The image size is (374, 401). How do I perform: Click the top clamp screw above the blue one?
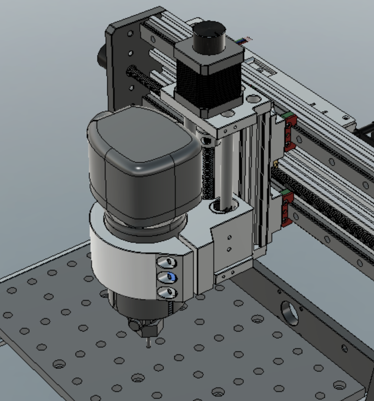[x=167, y=262]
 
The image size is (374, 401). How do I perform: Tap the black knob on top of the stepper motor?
[x=209, y=38]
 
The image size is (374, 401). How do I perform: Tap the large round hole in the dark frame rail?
[x=290, y=313]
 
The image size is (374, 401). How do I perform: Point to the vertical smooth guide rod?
[x=226, y=166]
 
